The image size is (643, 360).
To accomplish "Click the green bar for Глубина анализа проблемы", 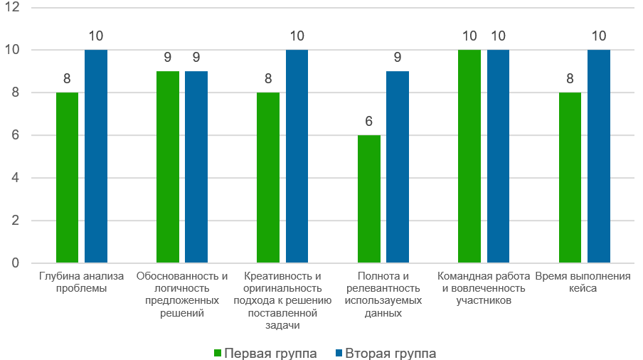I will coord(67,178).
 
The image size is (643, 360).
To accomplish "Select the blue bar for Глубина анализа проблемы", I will coord(96,157).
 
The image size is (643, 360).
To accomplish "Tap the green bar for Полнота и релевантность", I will coord(368,199).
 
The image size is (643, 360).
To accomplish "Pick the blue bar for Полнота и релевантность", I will coord(398,167).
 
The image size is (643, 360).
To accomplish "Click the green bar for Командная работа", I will coord(469,157).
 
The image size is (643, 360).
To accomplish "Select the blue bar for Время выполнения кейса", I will coord(599,157).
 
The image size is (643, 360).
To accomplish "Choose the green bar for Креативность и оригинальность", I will coord(268,178).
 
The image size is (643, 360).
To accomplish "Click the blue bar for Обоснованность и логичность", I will coord(196,167).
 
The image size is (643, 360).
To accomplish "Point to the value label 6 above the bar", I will coord(368,122).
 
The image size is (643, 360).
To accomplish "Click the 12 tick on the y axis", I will coord(14,8).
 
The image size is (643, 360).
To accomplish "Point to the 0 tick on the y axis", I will coord(16,263).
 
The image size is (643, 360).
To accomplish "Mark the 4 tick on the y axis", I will coord(16,178).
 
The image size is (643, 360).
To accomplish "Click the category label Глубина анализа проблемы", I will coord(81,282).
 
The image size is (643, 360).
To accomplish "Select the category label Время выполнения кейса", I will coord(583,282).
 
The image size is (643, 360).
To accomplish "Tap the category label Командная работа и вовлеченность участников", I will coord(484,288).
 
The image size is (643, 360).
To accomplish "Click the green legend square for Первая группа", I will coord(218,354).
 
